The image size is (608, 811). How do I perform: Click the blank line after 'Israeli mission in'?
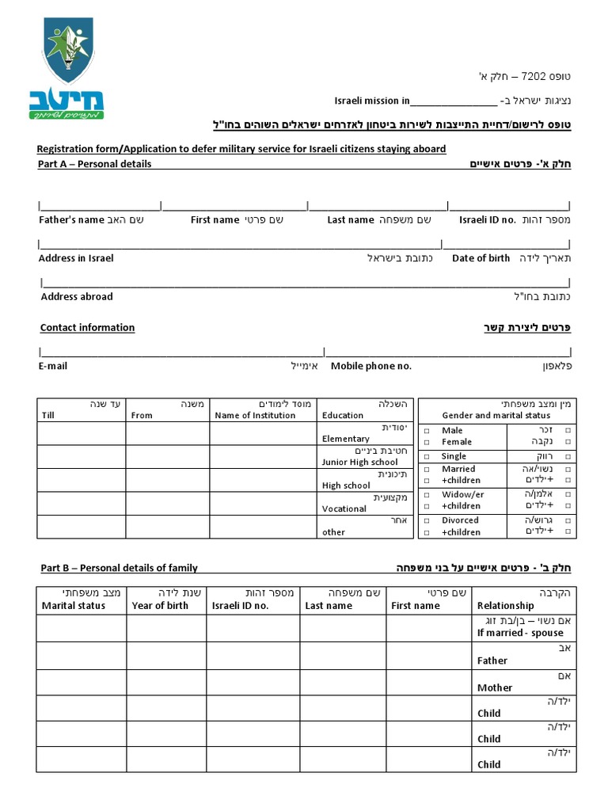pyautogui.click(x=454, y=101)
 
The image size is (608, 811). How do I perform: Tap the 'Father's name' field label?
pyautogui.click(x=71, y=219)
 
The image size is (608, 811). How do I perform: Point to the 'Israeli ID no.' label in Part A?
pyautogui.click(x=488, y=219)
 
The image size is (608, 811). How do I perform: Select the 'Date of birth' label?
pyautogui.click(x=481, y=258)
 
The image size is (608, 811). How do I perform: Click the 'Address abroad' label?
pyautogui.click(x=77, y=296)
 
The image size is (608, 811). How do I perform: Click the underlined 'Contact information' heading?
pyautogui.click(x=87, y=327)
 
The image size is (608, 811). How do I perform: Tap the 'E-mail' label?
pyautogui.click(x=53, y=366)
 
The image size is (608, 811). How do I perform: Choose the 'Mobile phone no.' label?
pyautogui.click(x=371, y=366)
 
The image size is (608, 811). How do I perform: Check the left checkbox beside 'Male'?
pyautogui.click(x=426, y=431)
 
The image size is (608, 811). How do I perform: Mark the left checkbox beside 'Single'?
pyautogui.click(x=426, y=456)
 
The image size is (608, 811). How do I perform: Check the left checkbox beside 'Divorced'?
pyautogui.click(x=426, y=520)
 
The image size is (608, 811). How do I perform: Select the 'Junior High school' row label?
pyautogui.click(x=360, y=462)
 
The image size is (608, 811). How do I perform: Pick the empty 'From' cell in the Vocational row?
pyautogui.click(x=168, y=503)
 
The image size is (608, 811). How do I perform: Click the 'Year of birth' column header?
pyautogui.click(x=160, y=605)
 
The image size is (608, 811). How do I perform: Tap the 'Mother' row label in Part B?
pyautogui.click(x=495, y=687)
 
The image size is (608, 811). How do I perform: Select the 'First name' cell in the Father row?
pyautogui.click(x=429, y=657)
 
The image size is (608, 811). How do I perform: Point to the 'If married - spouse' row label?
pyautogui.click(x=520, y=633)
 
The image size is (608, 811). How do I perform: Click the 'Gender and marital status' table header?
pyautogui.click(x=496, y=415)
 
